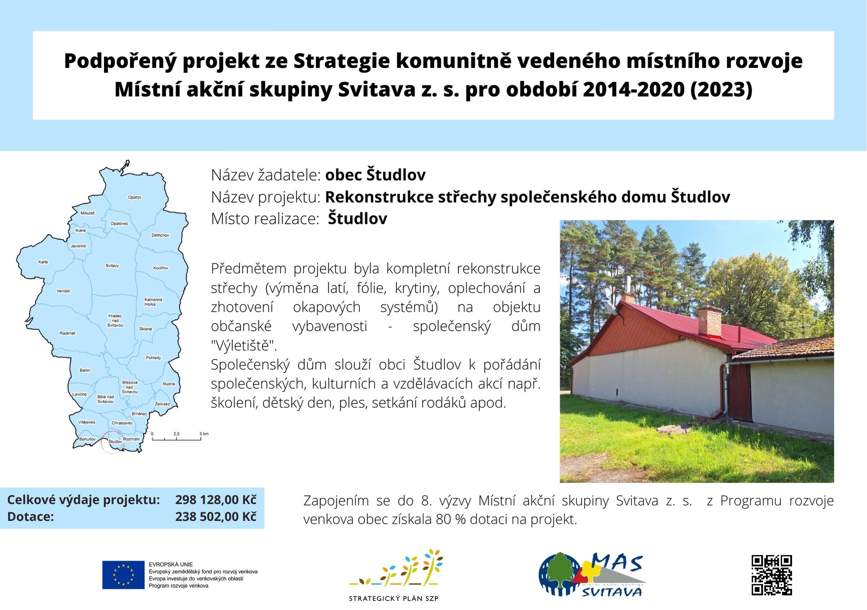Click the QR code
(x=772, y=575)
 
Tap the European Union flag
(x=123, y=575)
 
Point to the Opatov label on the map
(x=135, y=197)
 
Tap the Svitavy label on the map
(x=112, y=265)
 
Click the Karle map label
(x=43, y=262)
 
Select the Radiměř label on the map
(x=68, y=333)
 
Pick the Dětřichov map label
(x=160, y=235)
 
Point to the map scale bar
(x=176, y=439)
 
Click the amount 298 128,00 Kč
(x=216, y=500)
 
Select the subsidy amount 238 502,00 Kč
(x=216, y=516)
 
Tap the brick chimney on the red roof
(x=710, y=321)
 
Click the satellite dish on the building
(x=612, y=309)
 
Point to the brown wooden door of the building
(x=740, y=392)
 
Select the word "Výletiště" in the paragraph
(x=244, y=345)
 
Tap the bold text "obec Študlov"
(x=375, y=175)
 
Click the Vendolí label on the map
(x=63, y=291)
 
